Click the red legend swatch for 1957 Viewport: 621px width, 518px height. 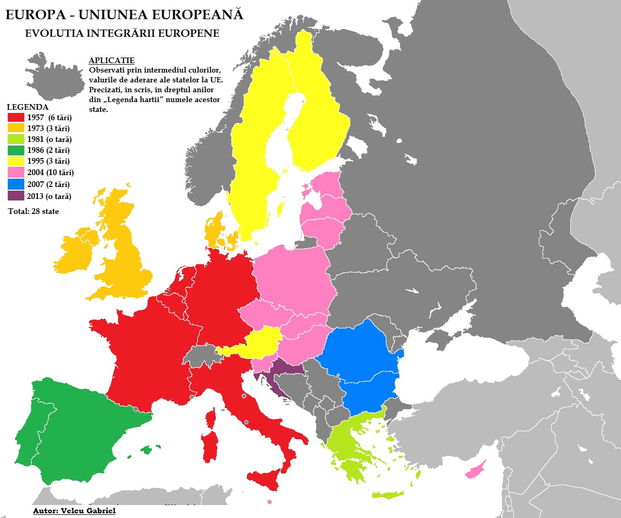point(16,118)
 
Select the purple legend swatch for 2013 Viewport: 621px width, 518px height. point(16,196)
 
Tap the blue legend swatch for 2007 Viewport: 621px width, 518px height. point(16,184)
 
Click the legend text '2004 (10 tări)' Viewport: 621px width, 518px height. point(51,173)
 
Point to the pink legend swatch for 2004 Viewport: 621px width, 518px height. point(16,173)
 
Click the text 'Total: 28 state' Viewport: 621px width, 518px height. point(34,211)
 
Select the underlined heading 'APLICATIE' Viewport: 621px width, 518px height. point(111,61)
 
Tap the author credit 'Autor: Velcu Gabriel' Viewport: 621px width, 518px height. point(74,511)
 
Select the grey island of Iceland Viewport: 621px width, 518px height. point(54,73)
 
